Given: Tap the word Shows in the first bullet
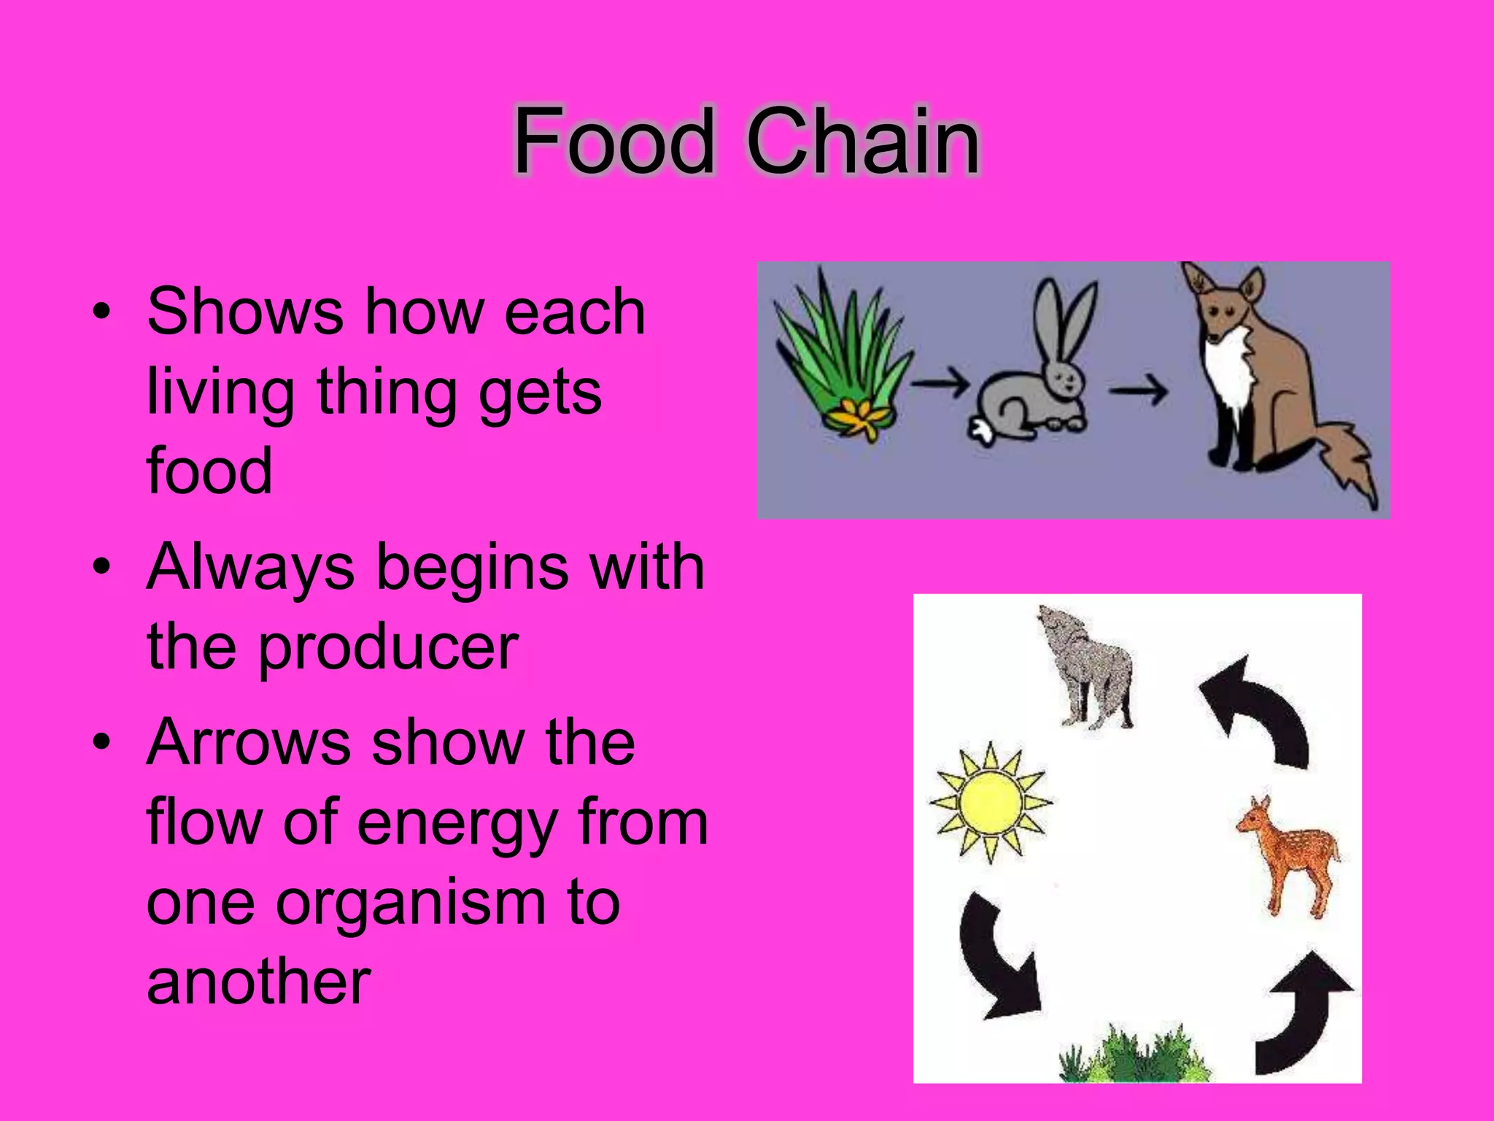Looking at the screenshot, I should coord(244,312).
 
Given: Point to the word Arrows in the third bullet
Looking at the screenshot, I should coord(248,742).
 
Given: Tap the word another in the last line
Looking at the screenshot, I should coord(258,982).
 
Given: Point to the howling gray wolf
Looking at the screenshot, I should coord(1087,668).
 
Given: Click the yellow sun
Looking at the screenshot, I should coord(990,802).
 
